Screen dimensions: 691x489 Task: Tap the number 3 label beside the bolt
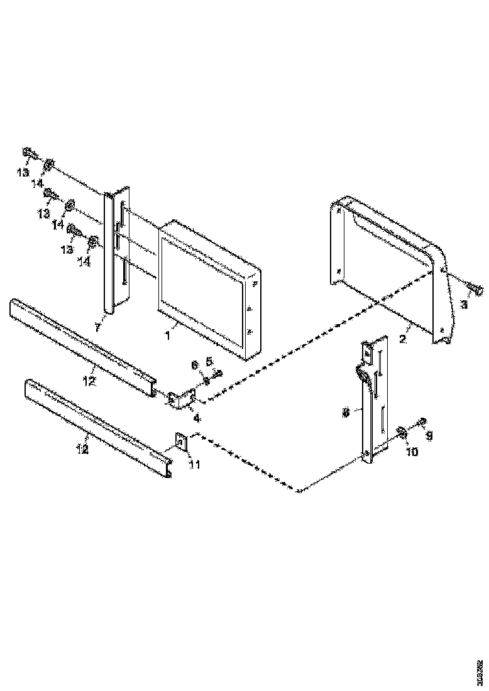point(464,304)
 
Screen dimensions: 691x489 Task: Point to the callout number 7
point(98,328)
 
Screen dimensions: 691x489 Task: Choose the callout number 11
point(195,464)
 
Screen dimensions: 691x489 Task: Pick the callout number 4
point(196,417)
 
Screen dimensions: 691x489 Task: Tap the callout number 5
point(211,361)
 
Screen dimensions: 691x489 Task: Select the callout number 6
point(194,364)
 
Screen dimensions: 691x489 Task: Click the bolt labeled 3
point(475,290)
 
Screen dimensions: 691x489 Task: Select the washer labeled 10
point(400,432)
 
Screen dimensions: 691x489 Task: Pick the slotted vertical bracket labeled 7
point(118,251)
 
